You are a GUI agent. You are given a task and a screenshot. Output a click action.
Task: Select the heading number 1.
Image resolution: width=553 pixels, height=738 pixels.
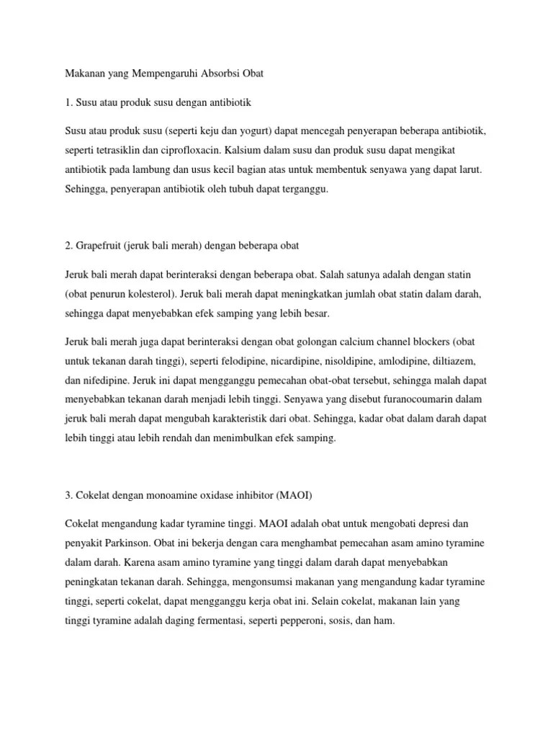click(x=67, y=103)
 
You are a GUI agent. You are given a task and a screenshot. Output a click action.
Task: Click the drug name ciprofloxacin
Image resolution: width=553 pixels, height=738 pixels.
click(x=192, y=152)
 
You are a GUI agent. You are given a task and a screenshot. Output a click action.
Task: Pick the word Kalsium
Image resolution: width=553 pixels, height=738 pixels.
click(x=248, y=152)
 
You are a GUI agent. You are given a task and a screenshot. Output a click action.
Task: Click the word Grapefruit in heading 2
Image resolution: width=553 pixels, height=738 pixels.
click(x=99, y=246)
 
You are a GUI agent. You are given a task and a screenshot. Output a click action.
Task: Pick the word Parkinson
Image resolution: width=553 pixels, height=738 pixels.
click(x=127, y=543)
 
